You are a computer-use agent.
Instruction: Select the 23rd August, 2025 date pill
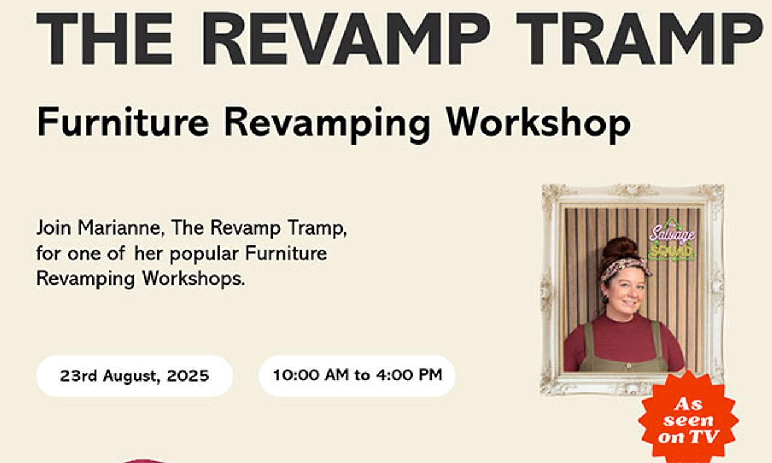[x=134, y=376]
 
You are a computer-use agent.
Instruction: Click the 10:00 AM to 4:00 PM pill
[x=357, y=376]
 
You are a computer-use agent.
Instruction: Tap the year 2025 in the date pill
[x=188, y=376]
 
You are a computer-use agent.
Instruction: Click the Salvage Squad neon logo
[x=672, y=240]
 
